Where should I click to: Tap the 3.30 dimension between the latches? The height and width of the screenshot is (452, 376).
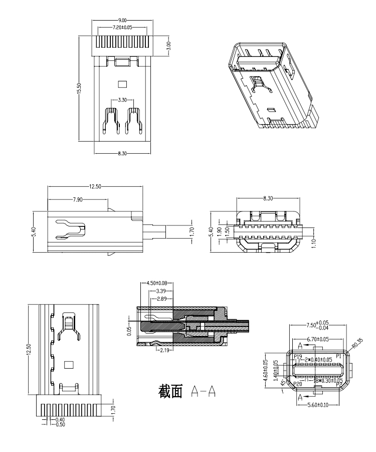tap(122, 100)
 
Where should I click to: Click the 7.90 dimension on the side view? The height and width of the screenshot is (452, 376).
tap(78, 199)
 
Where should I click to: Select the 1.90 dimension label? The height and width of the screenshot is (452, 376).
tap(219, 231)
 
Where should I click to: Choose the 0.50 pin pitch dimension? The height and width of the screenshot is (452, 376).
tap(60, 424)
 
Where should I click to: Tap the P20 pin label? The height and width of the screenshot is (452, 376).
tap(298, 384)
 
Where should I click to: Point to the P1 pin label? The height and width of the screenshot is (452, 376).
tap(339, 356)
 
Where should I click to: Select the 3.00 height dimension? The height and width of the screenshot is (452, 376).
tap(169, 46)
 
